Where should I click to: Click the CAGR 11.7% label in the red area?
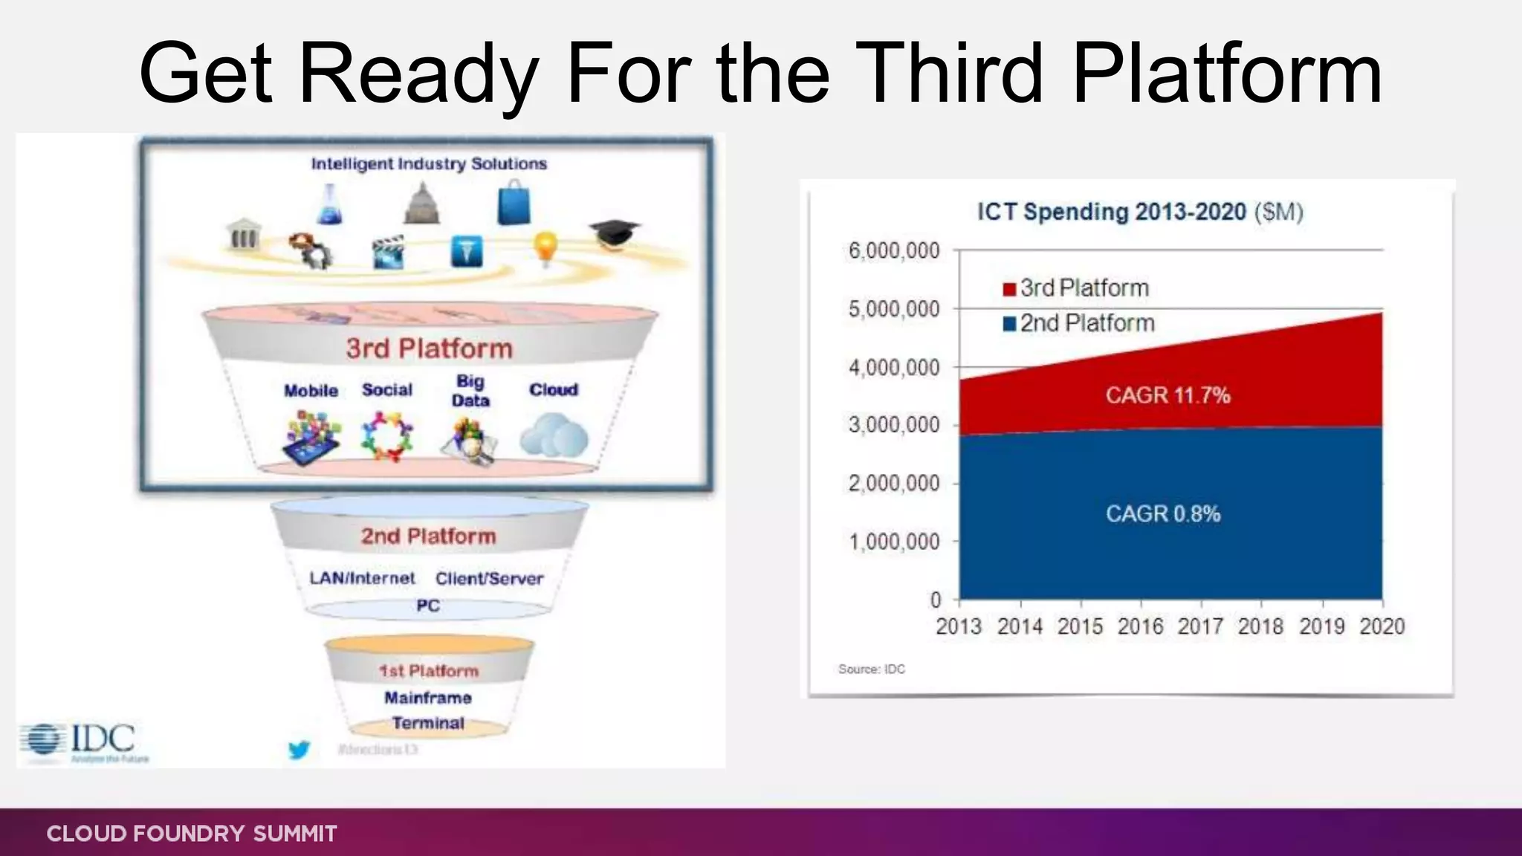(1168, 395)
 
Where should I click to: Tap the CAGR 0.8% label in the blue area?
(1163, 513)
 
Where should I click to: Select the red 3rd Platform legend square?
(1009, 289)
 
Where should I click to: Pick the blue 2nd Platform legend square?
(1009, 324)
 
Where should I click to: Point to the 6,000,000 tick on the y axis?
(894, 251)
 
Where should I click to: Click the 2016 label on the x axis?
(1140, 626)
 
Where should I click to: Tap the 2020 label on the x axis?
(1382, 626)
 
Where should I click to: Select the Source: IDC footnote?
(871, 669)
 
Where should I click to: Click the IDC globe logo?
(42, 740)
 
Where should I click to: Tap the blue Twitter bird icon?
(299, 750)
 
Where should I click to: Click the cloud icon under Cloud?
(554, 436)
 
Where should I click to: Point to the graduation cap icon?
(615, 233)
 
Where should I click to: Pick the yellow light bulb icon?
(545, 247)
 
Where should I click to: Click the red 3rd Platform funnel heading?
(429, 348)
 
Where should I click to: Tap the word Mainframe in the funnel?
(428, 698)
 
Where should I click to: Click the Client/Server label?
(489, 578)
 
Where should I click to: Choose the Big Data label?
(470, 391)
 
